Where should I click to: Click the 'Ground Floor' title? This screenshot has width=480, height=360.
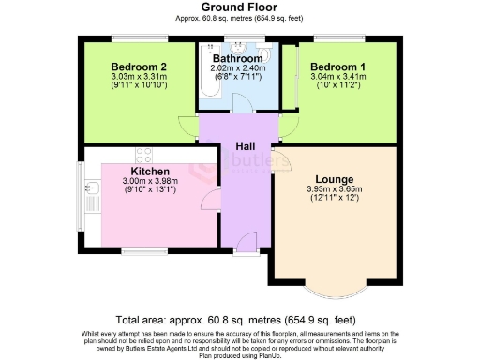pyautogui.click(x=239, y=7)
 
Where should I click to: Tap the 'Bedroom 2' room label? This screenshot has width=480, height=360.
pyautogui.click(x=139, y=67)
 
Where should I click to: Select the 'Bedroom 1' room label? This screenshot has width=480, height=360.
pyautogui.click(x=338, y=67)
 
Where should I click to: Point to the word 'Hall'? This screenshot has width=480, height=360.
pyautogui.click(x=246, y=147)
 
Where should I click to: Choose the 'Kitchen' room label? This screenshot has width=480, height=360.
pyautogui.click(x=150, y=172)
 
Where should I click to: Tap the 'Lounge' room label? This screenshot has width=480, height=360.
pyautogui.click(x=334, y=178)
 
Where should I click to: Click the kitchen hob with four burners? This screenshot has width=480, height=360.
pyautogui.click(x=143, y=155)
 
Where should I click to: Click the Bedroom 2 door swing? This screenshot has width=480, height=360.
pyautogui.click(x=188, y=126)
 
